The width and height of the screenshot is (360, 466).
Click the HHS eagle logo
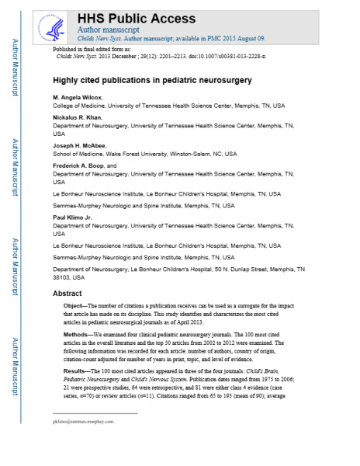coord(55,23)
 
